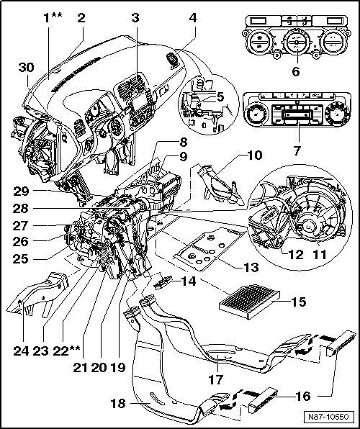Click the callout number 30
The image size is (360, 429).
pyautogui.click(x=27, y=68)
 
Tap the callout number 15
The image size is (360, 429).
pyautogui.click(x=298, y=302)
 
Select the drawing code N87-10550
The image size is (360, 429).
pyautogui.click(x=328, y=417)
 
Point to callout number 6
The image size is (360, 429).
pyautogui.click(x=296, y=71)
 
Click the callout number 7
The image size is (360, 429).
pyautogui.click(x=297, y=150)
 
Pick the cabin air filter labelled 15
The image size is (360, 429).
pyautogui.click(x=250, y=300)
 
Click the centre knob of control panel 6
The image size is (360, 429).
pyautogui.click(x=297, y=43)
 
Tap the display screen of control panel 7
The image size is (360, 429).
pyautogui.click(x=297, y=114)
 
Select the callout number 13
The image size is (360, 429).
pyautogui.click(x=251, y=267)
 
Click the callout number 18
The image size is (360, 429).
pyautogui.click(x=117, y=404)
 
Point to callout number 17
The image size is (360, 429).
pyautogui.click(x=216, y=379)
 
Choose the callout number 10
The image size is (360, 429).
pyautogui.click(x=255, y=155)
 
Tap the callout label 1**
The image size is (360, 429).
pyautogui.click(x=53, y=18)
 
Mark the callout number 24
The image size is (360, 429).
pyautogui.click(x=21, y=351)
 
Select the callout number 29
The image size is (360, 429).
pyautogui.click(x=21, y=191)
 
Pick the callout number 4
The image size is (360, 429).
pyautogui.click(x=193, y=18)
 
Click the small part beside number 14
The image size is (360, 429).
pyautogui.click(x=163, y=282)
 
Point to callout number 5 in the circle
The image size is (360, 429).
pyautogui.click(x=220, y=97)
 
